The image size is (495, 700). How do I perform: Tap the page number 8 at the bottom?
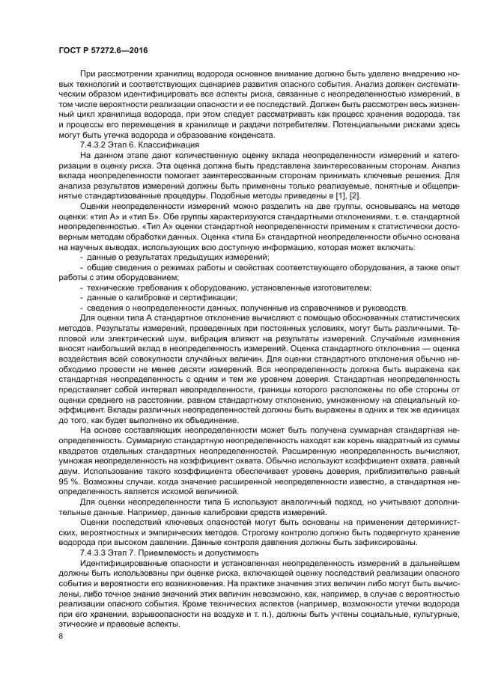tap(61, 636)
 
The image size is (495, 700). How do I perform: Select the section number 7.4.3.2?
tap(96, 144)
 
